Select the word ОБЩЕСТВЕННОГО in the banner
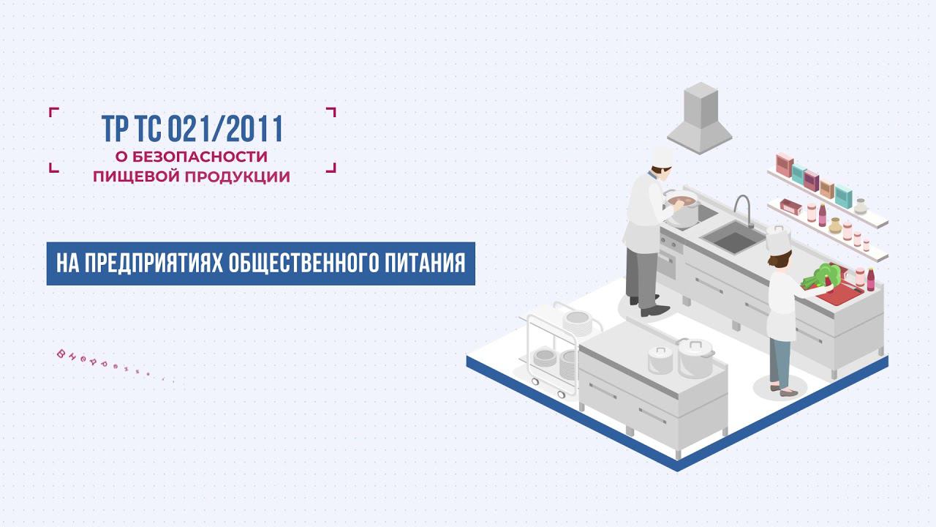coord(301,263)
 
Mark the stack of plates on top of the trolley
coord(576,320)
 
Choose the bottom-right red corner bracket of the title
coord(331,167)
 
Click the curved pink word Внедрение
coord(113,366)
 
